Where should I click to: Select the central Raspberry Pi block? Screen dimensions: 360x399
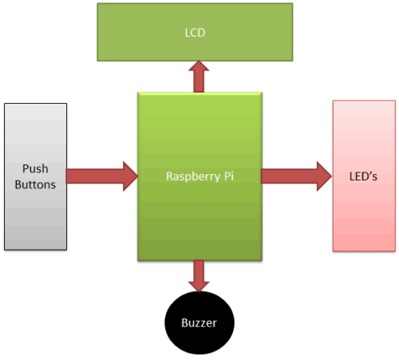point(199,216)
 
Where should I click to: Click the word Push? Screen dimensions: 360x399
point(34,168)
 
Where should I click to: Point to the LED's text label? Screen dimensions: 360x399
point(364,176)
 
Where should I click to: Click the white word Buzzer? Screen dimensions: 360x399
point(199,324)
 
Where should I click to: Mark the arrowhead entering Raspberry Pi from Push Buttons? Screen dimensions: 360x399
point(129,176)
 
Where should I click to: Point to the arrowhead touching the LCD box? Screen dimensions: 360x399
point(199,68)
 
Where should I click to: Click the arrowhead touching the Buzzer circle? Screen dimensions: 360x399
point(199,287)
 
